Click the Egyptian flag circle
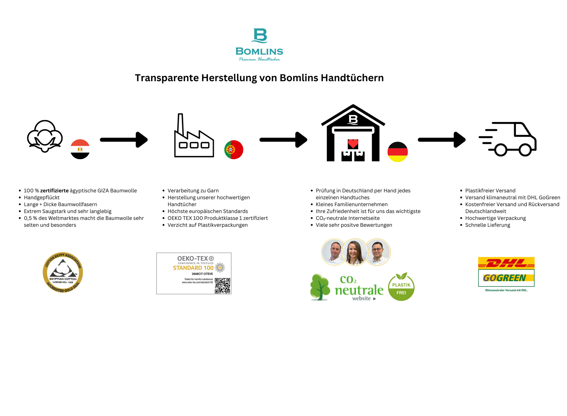[x=80, y=149]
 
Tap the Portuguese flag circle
[x=234, y=150]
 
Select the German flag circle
[x=397, y=152]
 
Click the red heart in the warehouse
[x=353, y=144]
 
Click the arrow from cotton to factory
[x=124, y=140]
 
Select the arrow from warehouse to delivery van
[x=442, y=140]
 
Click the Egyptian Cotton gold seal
[x=63, y=272]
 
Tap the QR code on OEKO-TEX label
[x=223, y=286]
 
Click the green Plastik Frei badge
[x=401, y=287]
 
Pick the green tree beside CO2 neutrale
[x=320, y=287]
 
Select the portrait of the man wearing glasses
[x=378, y=252]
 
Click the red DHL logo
[x=506, y=263]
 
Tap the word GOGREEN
[x=505, y=278]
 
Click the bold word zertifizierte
[x=54, y=191]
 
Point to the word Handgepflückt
[x=42, y=198]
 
